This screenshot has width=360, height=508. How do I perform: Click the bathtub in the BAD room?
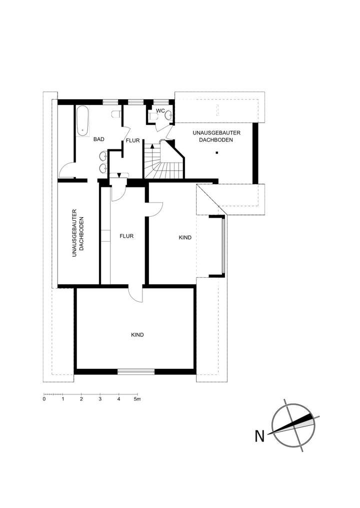tap(83, 121)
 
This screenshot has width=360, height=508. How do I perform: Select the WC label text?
tap(160, 111)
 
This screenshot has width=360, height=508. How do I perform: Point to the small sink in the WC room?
tap(169, 116)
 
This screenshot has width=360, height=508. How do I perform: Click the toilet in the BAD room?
tap(116, 114)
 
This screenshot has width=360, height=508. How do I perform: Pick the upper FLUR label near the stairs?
tap(132, 141)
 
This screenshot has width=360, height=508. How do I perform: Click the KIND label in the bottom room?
tap(137, 335)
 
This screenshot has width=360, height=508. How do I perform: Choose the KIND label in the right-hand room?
tap(185, 238)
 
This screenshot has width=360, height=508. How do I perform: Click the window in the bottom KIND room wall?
tap(136, 371)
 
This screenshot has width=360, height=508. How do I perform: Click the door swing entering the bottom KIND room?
tap(135, 294)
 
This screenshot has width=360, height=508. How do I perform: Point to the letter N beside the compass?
tap(259, 436)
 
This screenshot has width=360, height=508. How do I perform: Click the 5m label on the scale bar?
tap(137, 399)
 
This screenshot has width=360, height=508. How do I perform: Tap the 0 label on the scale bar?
tap(44, 399)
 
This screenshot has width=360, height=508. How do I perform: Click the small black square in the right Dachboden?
tap(216, 152)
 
